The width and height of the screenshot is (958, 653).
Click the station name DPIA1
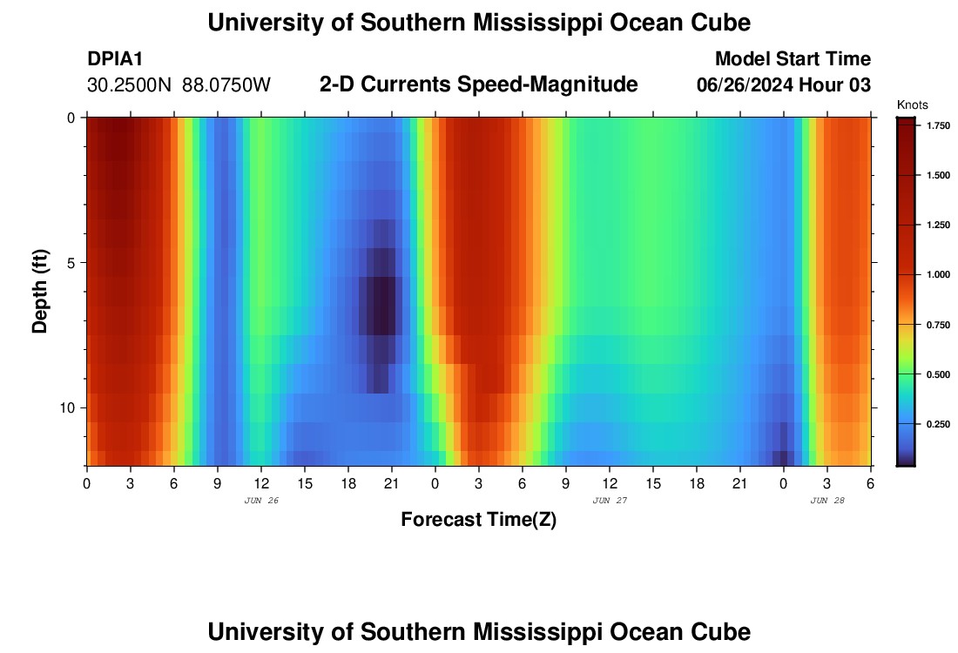click(115, 59)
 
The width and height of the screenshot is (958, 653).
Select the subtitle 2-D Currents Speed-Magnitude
click(479, 84)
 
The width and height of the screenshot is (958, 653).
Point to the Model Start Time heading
click(792, 59)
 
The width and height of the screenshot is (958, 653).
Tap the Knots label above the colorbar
click(914, 104)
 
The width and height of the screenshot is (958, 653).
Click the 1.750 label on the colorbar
click(937, 126)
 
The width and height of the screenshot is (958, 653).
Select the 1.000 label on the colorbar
click(937, 275)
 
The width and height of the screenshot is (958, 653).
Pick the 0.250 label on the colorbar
click(937, 424)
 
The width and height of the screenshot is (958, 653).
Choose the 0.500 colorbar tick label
click(937, 374)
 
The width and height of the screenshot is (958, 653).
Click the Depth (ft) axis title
click(40, 292)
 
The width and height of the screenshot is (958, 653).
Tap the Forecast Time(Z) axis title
click(478, 520)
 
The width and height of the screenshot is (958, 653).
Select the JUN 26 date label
click(261, 501)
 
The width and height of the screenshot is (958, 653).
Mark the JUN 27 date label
click(610, 501)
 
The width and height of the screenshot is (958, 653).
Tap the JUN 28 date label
click(827, 501)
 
